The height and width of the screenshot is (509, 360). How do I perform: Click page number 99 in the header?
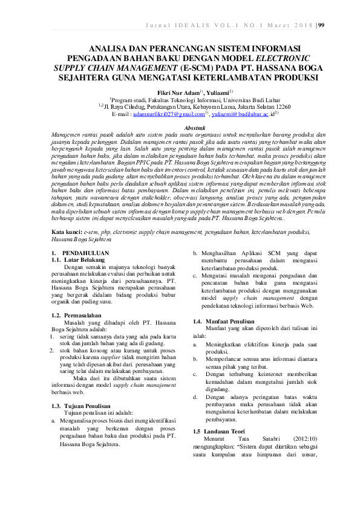click(x=321, y=25)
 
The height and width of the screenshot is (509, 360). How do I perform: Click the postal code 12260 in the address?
click(x=280, y=106)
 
